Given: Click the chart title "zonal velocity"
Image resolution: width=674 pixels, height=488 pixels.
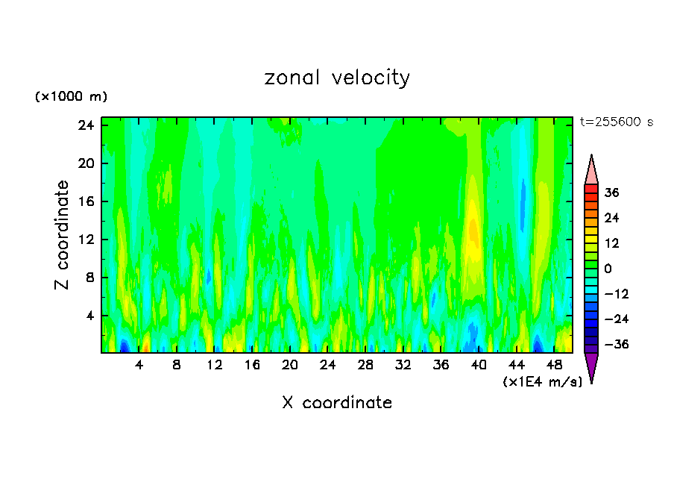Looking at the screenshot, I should coord(337,78).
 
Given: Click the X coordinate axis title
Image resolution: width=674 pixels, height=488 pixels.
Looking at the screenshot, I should coord(337,402).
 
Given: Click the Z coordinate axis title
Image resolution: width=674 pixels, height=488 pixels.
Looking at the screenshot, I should coord(63,235).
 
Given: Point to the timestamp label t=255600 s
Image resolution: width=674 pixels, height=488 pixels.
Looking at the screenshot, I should coord(616,122).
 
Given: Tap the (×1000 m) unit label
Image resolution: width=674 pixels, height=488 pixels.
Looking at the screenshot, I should coord(72,97).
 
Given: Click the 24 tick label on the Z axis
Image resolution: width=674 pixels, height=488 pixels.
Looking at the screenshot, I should coord(85,125).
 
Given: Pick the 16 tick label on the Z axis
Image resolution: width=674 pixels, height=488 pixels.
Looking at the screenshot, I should coord(85,201).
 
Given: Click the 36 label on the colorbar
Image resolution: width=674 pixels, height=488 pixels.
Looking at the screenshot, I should coord(611,193).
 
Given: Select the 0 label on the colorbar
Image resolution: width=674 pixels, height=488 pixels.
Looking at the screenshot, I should coord(608,269).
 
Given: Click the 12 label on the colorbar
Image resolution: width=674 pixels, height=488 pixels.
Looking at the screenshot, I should coord(611,243).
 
